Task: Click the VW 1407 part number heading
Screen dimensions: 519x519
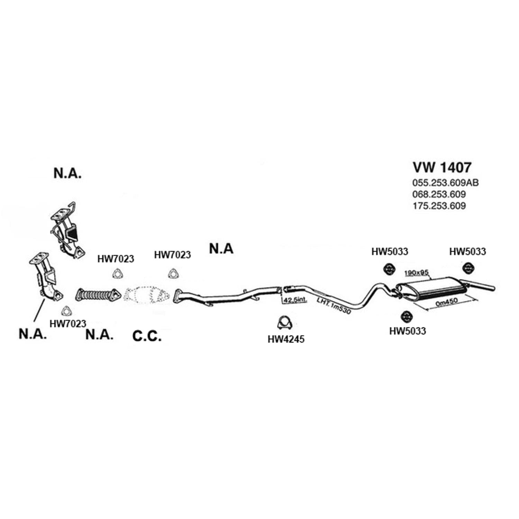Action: coord(442,167)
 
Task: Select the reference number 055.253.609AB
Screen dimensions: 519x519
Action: coord(445,182)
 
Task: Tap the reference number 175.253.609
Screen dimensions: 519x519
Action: coord(439,206)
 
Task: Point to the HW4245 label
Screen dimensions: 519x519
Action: coord(286,339)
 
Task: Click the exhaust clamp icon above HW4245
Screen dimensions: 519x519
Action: coord(285,323)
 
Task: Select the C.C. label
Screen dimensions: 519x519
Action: coord(147,336)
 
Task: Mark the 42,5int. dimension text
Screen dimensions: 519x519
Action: coord(295,300)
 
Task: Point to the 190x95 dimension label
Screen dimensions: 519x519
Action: coord(416,273)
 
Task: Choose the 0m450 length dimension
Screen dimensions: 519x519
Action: coord(447,302)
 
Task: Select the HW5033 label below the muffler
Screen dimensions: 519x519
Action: coord(408,331)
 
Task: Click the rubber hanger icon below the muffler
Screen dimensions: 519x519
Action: coord(405,316)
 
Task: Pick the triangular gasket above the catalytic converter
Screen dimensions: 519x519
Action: coord(172,274)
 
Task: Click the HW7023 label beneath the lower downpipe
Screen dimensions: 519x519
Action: coord(68,324)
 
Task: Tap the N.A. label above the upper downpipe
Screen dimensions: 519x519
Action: coord(67,173)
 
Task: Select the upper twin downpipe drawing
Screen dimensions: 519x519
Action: coord(66,229)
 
